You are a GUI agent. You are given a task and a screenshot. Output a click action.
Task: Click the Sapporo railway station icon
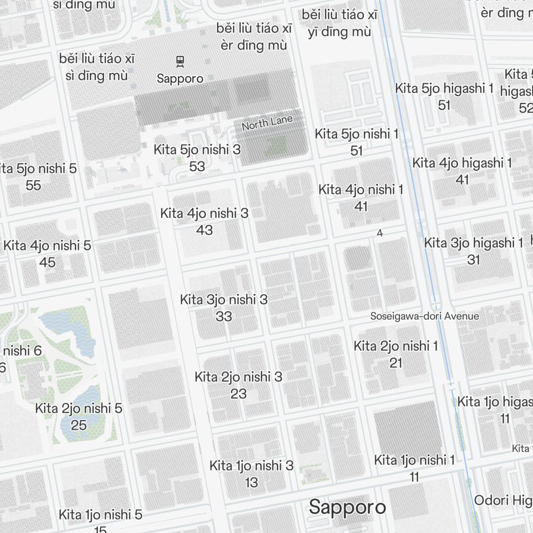coord(180,61)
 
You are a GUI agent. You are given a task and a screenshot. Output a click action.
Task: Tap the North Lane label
coord(267,123)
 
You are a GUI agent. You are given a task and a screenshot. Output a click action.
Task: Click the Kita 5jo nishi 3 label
coord(197,150)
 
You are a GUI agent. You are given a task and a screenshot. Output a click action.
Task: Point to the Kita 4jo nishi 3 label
coord(204,214)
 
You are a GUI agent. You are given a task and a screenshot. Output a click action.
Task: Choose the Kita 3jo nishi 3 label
coord(224,300)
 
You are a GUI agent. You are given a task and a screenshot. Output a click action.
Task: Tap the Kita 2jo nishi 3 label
coord(238,377)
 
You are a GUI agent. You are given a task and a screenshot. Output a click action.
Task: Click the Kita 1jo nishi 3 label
coord(252,465)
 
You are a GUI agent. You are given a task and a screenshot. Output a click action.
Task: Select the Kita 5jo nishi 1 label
coord(357,134)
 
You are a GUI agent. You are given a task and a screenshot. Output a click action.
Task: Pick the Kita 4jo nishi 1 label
coord(361,189)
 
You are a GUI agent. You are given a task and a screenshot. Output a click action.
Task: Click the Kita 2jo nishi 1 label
coord(395,346)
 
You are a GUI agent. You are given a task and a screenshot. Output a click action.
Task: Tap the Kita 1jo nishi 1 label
coord(415,459)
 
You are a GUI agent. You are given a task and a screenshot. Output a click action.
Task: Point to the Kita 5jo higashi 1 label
coord(445,88)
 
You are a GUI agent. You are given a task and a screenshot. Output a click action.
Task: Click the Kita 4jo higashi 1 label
coord(462,163)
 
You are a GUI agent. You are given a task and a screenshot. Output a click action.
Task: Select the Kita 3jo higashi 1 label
coord(473,243)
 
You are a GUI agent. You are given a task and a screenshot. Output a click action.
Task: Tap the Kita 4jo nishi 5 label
coord(47,246)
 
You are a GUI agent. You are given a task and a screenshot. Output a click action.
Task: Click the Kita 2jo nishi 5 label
coord(79,409)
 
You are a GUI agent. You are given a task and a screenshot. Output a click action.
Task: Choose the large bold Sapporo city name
coord(348,507)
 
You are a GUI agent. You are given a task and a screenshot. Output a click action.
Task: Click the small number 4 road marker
coord(380,233)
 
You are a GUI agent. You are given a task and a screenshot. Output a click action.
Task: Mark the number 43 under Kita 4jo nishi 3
coord(204,230)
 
